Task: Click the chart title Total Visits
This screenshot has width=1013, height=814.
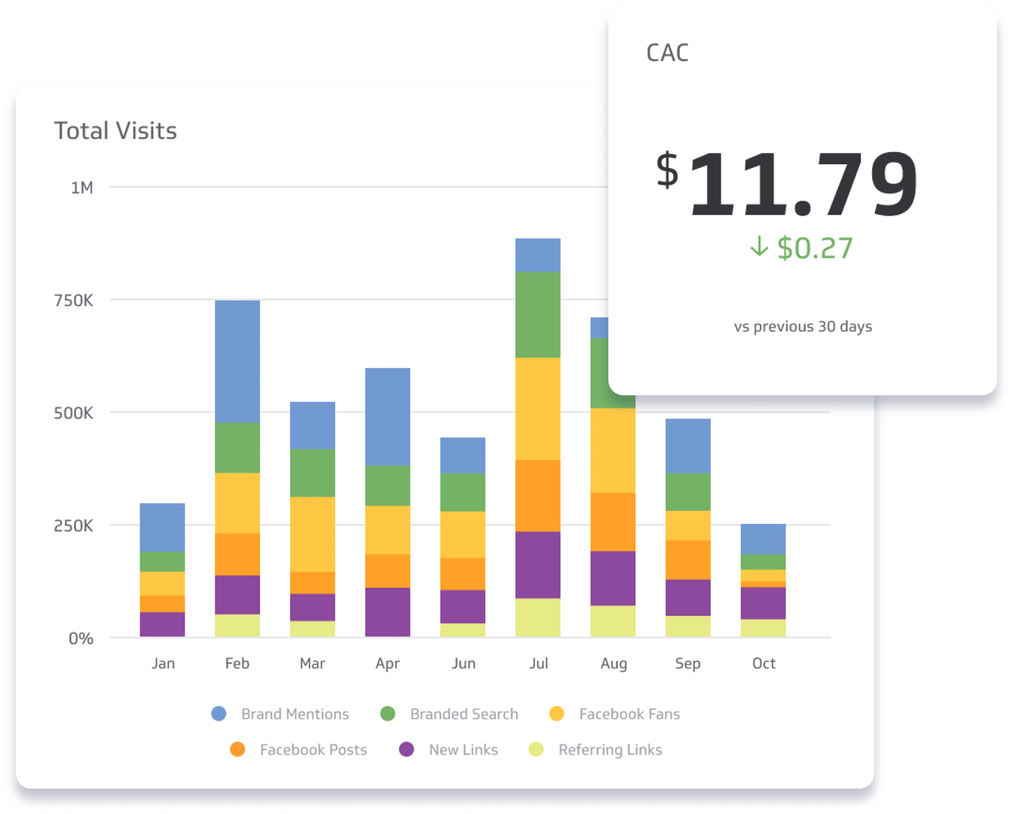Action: click(x=115, y=131)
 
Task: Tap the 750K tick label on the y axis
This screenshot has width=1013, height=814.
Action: click(x=73, y=301)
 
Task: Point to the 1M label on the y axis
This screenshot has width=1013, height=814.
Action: click(x=81, y=188)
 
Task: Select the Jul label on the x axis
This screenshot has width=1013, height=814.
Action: click(x=538, y=663)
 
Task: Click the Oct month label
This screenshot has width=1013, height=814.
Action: click(x=764, y=663)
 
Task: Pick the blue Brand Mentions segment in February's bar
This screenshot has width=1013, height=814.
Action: click(x=237, y=361)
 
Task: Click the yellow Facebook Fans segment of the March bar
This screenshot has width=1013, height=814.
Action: click(x=313, y=534)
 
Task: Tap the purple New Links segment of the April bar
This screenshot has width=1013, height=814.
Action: click(x=387, y=611)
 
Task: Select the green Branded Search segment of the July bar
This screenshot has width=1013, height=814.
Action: click(x=538, y=314)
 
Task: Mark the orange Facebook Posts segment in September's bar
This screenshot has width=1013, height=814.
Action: click(x=688, y=559)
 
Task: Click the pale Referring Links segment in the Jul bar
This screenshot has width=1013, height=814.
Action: click(x=538, y=617)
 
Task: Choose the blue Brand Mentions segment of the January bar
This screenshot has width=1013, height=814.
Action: click(x=162, y=527)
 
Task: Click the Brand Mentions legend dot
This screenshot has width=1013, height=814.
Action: click(x=219, y=714)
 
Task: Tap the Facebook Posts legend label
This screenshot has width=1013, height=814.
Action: click(x=314, y=750)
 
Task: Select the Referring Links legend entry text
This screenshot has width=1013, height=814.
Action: click(x=610, y=750)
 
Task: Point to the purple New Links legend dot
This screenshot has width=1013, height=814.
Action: click(x=406, y=749)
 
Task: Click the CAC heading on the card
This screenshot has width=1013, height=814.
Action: click(x=667, y=53)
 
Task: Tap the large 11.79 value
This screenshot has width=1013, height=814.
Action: click(x=802, y=184)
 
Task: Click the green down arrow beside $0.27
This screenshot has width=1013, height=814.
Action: click(x=759, y=246)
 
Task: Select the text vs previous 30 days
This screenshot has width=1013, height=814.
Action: click(x=803, y=326)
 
